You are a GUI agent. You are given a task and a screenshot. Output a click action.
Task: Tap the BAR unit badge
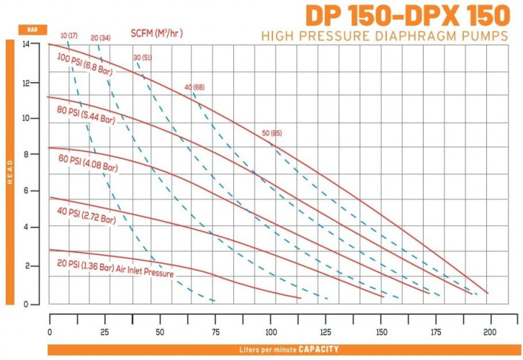[32, 30]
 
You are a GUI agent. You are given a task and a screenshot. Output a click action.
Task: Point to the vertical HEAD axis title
[10, 172]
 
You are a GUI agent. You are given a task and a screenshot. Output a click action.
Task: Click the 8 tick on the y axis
[36, 154]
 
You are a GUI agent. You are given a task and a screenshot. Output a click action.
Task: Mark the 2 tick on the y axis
[36, 266]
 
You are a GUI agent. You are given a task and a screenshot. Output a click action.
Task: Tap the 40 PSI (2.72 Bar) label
[85, 214]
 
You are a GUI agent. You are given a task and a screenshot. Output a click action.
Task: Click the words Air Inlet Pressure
[147, 272]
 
